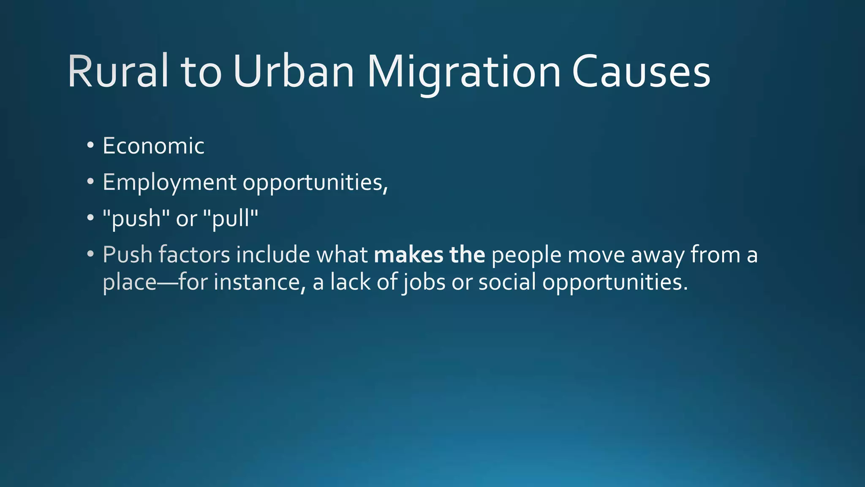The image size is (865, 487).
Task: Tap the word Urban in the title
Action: tap(293, 72)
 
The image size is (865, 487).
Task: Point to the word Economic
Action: tap(154, 146)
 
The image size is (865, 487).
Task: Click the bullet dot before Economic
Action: tap(90, 145)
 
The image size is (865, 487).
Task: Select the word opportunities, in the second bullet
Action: tap(315, 183)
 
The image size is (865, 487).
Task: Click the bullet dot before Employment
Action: tap(90, 182)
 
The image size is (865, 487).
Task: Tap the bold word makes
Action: tap(408, 255)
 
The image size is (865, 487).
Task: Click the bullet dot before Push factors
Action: tap(90, 254)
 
